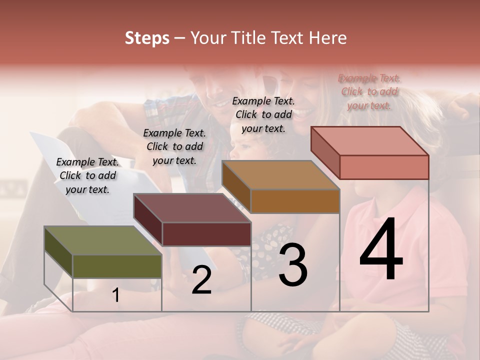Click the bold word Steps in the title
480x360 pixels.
(147, 38)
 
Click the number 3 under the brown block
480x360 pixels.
(293, 265)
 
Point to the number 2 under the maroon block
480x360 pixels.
(202, 280)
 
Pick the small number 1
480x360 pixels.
(115, 295)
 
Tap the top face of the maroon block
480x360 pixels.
(192, 208)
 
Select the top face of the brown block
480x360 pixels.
(280, 175)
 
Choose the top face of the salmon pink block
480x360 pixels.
(369, 141)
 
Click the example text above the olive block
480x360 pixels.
(87, 176)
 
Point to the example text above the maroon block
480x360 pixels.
(174, 147)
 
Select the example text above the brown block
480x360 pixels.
(263, 114)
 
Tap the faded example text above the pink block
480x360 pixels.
(369, 92)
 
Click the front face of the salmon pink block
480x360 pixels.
(384, 167)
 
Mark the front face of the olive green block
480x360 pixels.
(117, 266)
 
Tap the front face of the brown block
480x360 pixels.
(295, 201)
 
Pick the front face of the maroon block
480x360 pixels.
(206, 234)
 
